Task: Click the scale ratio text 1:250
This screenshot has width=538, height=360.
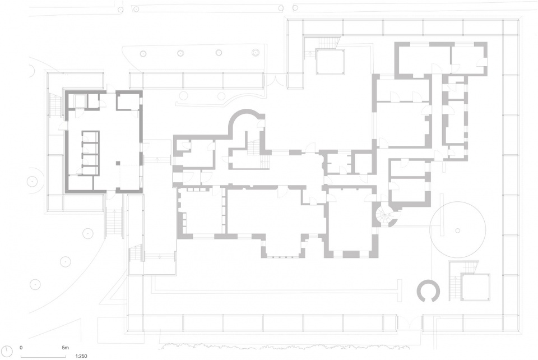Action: click(81, 356)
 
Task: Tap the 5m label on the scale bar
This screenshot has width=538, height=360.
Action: click(65, 348)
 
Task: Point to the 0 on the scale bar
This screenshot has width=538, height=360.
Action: click(21, 348)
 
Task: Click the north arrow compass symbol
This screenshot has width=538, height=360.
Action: click(7, 350)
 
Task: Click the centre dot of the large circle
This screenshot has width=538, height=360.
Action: click(457, 230)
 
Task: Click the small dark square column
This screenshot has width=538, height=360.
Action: click(118, 163)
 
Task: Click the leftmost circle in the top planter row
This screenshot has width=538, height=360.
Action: click(143, 53)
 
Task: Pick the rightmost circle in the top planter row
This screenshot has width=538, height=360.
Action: click(256, 53)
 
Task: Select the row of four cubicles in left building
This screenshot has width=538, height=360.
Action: click(91, 153)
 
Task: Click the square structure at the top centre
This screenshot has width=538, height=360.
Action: click(330, 62)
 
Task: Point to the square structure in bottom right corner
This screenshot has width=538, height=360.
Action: click(475, 287)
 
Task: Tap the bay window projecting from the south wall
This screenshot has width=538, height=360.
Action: click(283, 247)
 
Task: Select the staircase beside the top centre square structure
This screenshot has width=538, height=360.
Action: click(328, 43)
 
